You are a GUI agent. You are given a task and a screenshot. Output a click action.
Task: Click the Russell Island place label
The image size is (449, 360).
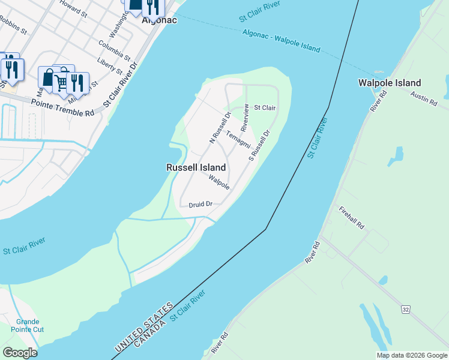[196, 168]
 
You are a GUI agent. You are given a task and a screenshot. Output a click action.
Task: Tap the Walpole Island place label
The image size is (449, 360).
[389, 83]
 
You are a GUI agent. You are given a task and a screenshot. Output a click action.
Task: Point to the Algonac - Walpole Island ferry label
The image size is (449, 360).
[282, 41]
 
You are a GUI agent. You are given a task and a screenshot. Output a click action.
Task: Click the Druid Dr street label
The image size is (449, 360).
[200, 205]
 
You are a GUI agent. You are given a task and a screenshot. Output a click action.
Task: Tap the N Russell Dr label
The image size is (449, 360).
[220, 128]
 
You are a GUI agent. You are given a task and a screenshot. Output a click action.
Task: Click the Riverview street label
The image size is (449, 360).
[245, 119]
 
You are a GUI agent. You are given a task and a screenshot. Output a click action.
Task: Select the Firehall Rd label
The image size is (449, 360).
[352, 218]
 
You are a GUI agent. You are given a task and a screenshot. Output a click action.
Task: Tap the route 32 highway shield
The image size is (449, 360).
[406, 308]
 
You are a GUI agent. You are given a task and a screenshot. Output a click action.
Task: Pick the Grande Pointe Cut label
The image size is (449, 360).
[28, 325]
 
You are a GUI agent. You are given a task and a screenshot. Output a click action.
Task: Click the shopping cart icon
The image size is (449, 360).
[61, 81]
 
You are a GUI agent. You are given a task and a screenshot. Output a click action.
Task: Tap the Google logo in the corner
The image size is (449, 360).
[20, 353]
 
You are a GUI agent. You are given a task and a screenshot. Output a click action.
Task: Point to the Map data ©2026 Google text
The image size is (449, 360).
[411, 355]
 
